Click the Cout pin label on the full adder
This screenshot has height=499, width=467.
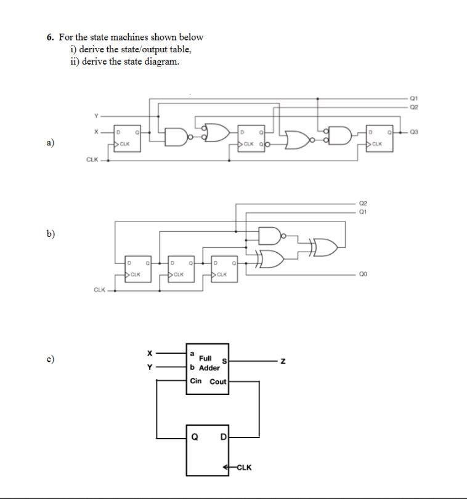(218, 381)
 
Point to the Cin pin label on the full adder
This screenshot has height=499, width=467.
(195, 381)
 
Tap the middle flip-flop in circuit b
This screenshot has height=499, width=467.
(180, 269)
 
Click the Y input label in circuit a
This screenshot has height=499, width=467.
(95, 116)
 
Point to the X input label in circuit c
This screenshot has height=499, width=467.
(148, 353)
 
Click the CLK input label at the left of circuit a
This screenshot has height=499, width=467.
(92, 160)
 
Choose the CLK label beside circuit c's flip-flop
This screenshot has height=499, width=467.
(244, 467)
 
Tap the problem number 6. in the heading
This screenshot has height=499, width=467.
(51, 37)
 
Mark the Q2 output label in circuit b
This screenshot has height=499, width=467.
(363, 202)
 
